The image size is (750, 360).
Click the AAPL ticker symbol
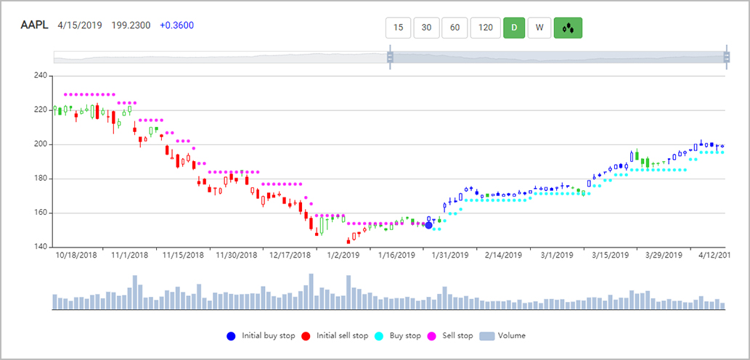click(34, 25)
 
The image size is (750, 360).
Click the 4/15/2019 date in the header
click(80, 25)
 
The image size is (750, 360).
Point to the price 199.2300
click(131, 25)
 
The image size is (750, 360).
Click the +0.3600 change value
click(177, 25)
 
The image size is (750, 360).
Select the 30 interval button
click(426, 28)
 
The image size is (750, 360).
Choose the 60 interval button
click(455, 28)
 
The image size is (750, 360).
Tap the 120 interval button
click(486, 28)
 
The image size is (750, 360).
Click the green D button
click(514, 28)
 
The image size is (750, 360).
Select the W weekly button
click(539, 28)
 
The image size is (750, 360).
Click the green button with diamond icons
click(568, 28)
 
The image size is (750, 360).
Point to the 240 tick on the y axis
click(40, 75)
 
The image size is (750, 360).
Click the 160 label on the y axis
click(40, 213)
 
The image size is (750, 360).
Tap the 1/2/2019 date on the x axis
click(343, 255)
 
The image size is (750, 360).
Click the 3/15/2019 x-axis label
click(610, 255)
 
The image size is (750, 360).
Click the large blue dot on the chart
click(428, 226)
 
